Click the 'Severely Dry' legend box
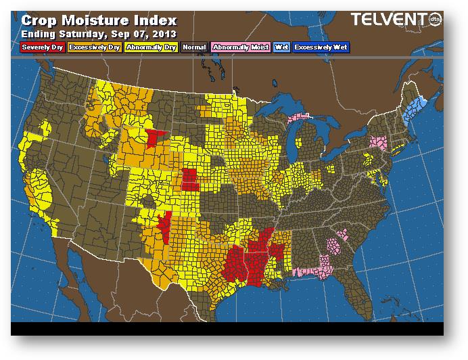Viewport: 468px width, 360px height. [43, 47]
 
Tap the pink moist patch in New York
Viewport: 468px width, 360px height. [378, 143]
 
